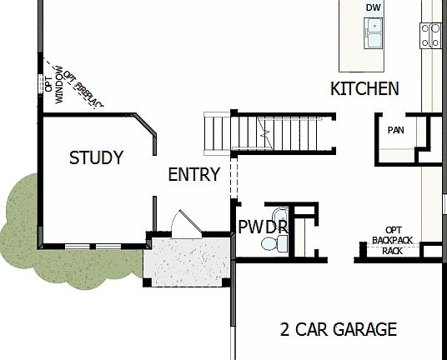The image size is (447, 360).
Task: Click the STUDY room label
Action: click(x=96, y=157)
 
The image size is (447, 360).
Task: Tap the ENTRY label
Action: click(x=193, y=175)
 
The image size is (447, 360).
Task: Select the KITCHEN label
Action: click(x=364, y=88)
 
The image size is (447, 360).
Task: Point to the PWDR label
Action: click(x=262, y=227)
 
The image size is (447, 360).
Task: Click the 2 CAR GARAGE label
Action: click(x=338, y=329)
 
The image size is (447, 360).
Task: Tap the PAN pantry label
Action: click(x=395, y=131)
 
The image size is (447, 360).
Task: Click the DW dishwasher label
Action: click(x=373, y=8)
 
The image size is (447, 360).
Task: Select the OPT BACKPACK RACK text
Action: click(x=393, y=240)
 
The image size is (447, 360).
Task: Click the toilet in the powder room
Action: click(x=272, y=242)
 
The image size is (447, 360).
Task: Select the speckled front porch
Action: click(x=186, y=262)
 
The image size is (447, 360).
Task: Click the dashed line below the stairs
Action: click(x=234, y=177)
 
